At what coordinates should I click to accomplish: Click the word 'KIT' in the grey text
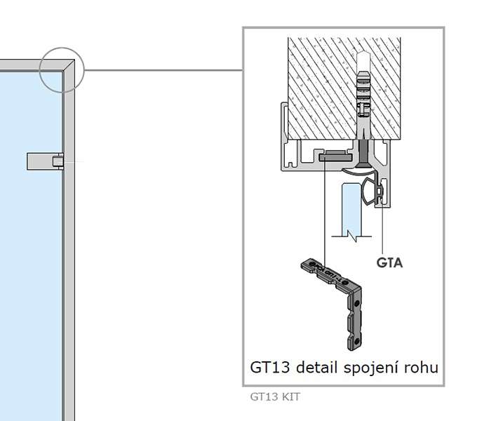(290, 396)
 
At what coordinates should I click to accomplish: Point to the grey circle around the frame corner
(61, 69)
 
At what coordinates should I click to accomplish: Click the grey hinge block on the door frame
(43, 161)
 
